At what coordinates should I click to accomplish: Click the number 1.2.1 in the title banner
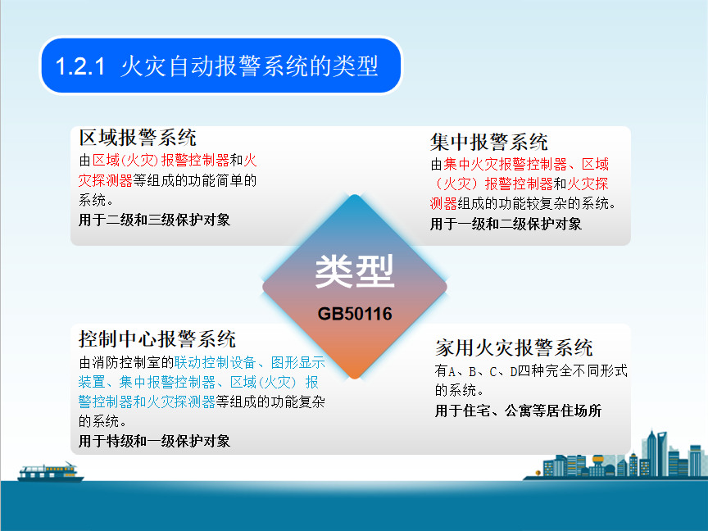point(80,66)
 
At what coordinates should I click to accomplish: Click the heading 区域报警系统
point(138,138)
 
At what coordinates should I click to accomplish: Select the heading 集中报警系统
point(489,142)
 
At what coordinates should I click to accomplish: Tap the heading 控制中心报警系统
point(157,339)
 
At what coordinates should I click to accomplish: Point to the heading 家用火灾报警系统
point(514,347)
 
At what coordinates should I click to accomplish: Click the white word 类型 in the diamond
point(355,271)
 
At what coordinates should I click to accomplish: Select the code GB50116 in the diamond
point(355,314)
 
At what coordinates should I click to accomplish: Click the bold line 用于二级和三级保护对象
point(154,220)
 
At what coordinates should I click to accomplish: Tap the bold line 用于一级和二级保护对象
point(506,224)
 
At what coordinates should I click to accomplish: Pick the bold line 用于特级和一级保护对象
point(154,441)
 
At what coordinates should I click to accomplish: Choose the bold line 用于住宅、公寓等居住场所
point(519,411)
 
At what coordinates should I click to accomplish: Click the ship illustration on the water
point(51,472)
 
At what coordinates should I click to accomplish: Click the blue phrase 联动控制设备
point(215,362)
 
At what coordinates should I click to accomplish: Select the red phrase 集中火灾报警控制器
point(505,164)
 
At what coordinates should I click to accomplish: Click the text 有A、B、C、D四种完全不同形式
point(531,371)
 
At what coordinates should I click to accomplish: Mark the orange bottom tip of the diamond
point(355,378)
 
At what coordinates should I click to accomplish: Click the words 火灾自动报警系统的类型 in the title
point(249,66)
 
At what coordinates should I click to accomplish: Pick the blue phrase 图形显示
point(298,362)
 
